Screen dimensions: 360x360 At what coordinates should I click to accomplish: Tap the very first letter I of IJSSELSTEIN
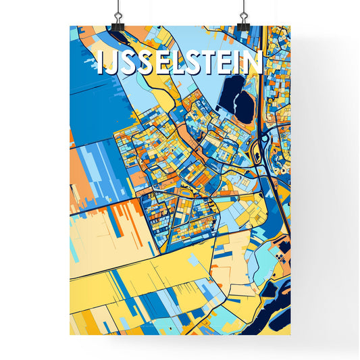pyautogui.click(x=101, y=63)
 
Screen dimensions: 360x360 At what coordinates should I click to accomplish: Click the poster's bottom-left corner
pyautogui.click(x=70, y=334)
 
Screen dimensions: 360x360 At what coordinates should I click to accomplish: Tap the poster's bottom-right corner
pyautogui.click(x=290, y=334)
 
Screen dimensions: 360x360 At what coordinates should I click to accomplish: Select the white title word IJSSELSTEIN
pyautogui.click(x=179, y=63)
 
